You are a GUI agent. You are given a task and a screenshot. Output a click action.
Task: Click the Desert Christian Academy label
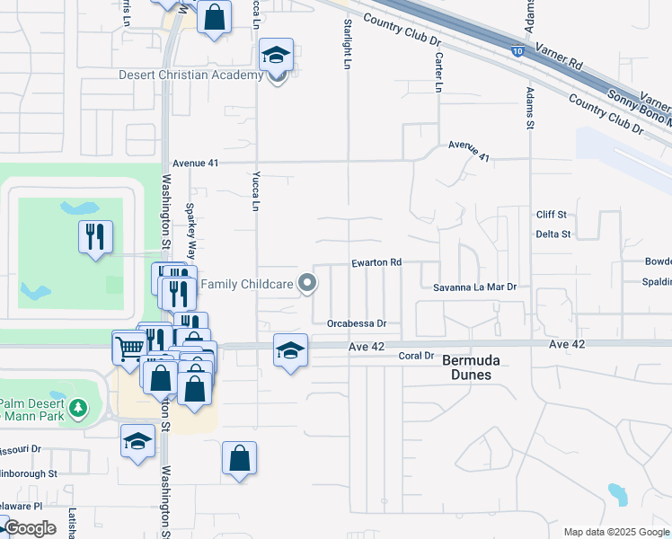pos(190,75)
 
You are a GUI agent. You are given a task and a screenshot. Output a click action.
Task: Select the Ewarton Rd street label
pos(376,263)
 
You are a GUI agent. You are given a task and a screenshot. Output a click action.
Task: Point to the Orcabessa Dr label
pos(357,323)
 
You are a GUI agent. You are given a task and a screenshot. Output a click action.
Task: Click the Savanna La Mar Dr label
pos(475,287)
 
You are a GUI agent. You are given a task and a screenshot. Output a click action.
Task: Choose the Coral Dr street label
pos(416,357)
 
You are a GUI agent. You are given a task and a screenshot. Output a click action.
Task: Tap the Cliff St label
pos(552,215)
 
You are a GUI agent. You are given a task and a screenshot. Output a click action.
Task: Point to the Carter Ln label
pos(438,72)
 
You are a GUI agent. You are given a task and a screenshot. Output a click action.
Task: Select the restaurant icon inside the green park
pos(95,238)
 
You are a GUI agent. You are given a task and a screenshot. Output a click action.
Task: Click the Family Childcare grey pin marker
pos(308,284)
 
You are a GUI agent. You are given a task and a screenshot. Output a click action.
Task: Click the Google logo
pos(30,528)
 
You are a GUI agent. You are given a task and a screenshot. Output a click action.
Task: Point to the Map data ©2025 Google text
pos(615,532)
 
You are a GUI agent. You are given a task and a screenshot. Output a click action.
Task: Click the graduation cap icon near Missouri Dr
pos(138,441)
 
